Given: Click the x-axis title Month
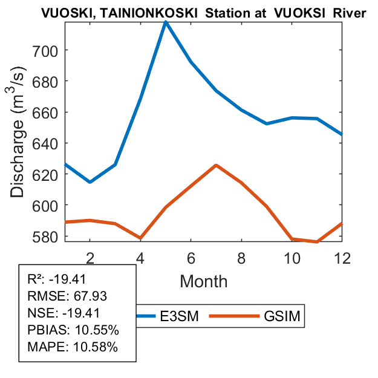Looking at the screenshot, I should click(x=204, y=281).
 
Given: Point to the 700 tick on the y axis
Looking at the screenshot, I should click(x=48, y=50).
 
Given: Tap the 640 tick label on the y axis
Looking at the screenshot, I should click(x=48, y=143).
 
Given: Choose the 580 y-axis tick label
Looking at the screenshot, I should click(x=48, y=236).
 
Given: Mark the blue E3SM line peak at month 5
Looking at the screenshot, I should click(x=165, y=22).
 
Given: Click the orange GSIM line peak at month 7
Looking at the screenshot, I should click(x=216, y=165).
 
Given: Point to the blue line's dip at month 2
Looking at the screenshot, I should click(x=90, y=181).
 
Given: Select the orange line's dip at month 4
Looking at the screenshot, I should click(x=140, y=238).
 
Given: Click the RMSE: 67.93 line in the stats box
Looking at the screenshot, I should click(x=62, y=296).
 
